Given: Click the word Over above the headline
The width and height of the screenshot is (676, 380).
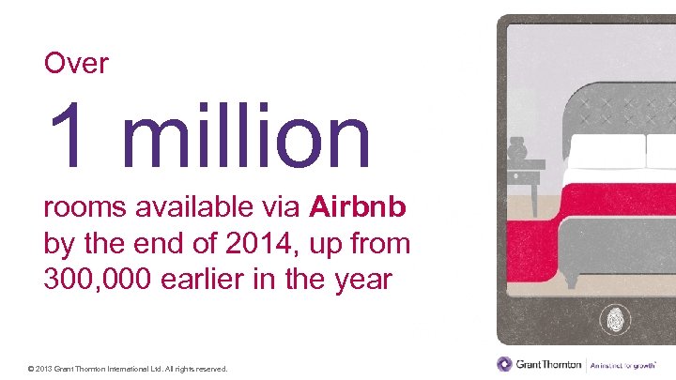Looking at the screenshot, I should pyautogui.click(x=76, y=64).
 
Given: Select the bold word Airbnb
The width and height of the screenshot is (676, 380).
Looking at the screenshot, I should pyautogui.click(x=357, y=206).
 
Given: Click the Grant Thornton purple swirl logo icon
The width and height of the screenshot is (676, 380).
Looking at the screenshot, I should pyautogui.click(x=505, y=364).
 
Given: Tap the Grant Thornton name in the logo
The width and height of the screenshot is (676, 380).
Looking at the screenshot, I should pyautogui.click(x=549, y=364).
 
